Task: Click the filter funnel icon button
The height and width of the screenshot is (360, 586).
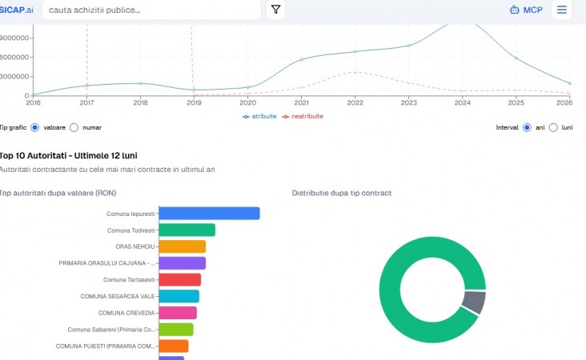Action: pyautogui.click(x=276, y=10)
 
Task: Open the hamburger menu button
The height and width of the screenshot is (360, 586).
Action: pyautogui.click(x=562, y=10)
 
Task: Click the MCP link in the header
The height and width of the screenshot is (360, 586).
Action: pyautogui.click(x=526, y=10)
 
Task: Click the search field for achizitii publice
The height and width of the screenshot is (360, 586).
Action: pyautogui.click(x=151, y=10)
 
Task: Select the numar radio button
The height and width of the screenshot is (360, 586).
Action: pyautogui.click(x=74, y=128)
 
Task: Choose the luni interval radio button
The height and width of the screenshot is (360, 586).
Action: pyautogui.click(x=553, y=128)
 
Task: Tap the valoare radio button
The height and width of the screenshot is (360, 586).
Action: pyautogui.click(x=34, y=128)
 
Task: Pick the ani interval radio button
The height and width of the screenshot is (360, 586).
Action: pyautogui.click(x=527, y=128)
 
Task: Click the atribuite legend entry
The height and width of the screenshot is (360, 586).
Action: pyautogui.click(x=259, y=117)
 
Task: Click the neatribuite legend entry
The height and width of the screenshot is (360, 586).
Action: pyautogui.click(x=303, y=117)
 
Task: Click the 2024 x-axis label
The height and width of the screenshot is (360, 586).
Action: pyautogui.click(x=462, y=102)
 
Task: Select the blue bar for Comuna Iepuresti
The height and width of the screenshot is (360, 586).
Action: pyautogui.click(x=209, y=214)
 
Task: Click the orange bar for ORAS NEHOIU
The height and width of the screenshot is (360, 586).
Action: pyautogui.click(x=183, y=246)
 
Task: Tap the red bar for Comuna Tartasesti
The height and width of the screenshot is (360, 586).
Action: pyautogui.click(x=180, y=280)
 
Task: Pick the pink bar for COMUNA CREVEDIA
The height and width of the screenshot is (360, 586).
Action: pyautogui.click(x=178, y=313)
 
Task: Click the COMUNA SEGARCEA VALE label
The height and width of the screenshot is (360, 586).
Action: pyautogui.click(x=118, y=297)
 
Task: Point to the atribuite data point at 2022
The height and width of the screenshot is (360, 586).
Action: pyautogui.click(x=355, y=51)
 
